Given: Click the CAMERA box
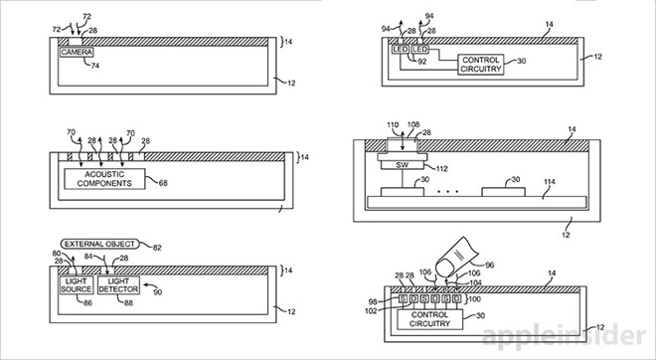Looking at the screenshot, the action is click(77, 53).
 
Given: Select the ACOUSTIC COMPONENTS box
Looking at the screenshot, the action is click(104, 179).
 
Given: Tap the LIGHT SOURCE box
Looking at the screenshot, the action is click(77, 285).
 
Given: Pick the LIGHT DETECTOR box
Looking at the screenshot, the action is click(118, 285).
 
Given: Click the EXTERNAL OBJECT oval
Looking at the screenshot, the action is click(99, 244).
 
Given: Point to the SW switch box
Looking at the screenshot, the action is click(403, 165).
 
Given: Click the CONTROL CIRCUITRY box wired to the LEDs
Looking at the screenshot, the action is click(481, 65).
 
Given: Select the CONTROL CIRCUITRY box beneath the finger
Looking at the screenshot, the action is click(429, 319).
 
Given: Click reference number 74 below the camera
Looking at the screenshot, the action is click(95, 66).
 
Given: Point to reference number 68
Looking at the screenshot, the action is click(163, 183).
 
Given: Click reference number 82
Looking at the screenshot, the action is click(157, 248).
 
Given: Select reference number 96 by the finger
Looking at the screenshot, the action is click(489, 265).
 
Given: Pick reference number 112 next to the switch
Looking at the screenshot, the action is click(441, 169).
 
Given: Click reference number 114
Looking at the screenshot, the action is click(550, 182).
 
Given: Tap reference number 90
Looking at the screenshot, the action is click(157, 292).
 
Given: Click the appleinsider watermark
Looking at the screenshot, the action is click(564, 336).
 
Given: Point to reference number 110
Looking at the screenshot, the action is click(393, 124).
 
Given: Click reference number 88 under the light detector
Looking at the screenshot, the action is click(128, 302).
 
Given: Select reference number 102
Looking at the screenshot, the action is click(371, 310).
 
